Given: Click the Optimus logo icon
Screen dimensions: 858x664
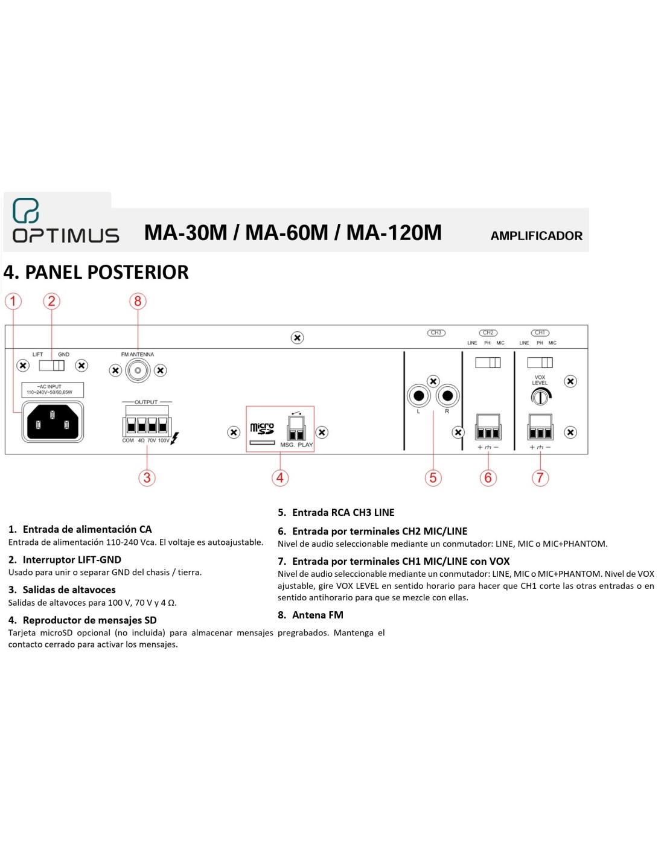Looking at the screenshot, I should coord(26,211).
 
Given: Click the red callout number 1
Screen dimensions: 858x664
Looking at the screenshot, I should coord(13,301).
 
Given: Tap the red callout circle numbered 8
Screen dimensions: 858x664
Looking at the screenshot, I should coord(138,301).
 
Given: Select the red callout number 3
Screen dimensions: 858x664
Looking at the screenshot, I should coord(147,478).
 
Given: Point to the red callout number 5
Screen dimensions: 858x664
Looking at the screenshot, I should coord(433,478).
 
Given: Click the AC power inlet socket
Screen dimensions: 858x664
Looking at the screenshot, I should coord(53,422).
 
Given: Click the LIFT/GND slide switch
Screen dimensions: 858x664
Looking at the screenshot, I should coord(52,366).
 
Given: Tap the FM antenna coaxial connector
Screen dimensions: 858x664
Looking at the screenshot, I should coord(138,370).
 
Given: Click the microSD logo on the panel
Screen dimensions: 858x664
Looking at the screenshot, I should coord(262,428).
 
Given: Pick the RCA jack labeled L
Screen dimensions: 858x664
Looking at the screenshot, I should coord(419,396).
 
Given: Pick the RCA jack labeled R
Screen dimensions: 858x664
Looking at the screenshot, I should coord(447,396).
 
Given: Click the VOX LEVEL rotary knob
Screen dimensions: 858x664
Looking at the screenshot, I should coord(541,396).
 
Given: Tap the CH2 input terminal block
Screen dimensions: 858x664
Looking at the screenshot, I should coord(488,427).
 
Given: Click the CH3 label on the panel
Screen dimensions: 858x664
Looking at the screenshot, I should coord(436,332).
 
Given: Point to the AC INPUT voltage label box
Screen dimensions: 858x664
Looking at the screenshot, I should coord(53,390).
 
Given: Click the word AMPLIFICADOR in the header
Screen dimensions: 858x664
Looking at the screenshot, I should coord(536,236).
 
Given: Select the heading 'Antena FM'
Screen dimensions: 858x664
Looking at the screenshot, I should coord(318,615).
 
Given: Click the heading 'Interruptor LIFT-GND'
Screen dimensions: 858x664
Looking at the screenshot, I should coord(72,560).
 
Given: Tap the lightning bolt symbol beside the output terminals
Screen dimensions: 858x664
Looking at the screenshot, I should coord(174,439).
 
